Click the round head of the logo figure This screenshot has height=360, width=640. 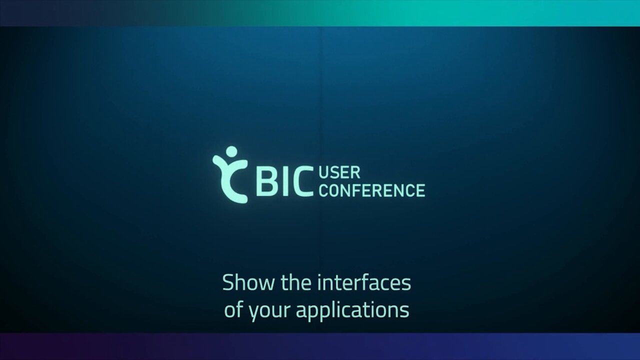coord(231,152)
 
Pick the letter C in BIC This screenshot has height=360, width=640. coord(302,181)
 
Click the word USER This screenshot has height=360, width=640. coord(339,173)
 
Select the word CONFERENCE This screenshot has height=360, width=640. coord(372,190)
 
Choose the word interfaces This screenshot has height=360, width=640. coord(365,282)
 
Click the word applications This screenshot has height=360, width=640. coord(352,310)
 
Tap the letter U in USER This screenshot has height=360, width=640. coord(324,173)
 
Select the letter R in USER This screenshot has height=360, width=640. coord(355,173)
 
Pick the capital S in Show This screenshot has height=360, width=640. coord(228,282)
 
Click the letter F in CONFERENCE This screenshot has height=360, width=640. coord(356,190)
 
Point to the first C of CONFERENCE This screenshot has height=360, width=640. coord(323,190)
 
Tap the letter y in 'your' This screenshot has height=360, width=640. coord(253,313)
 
